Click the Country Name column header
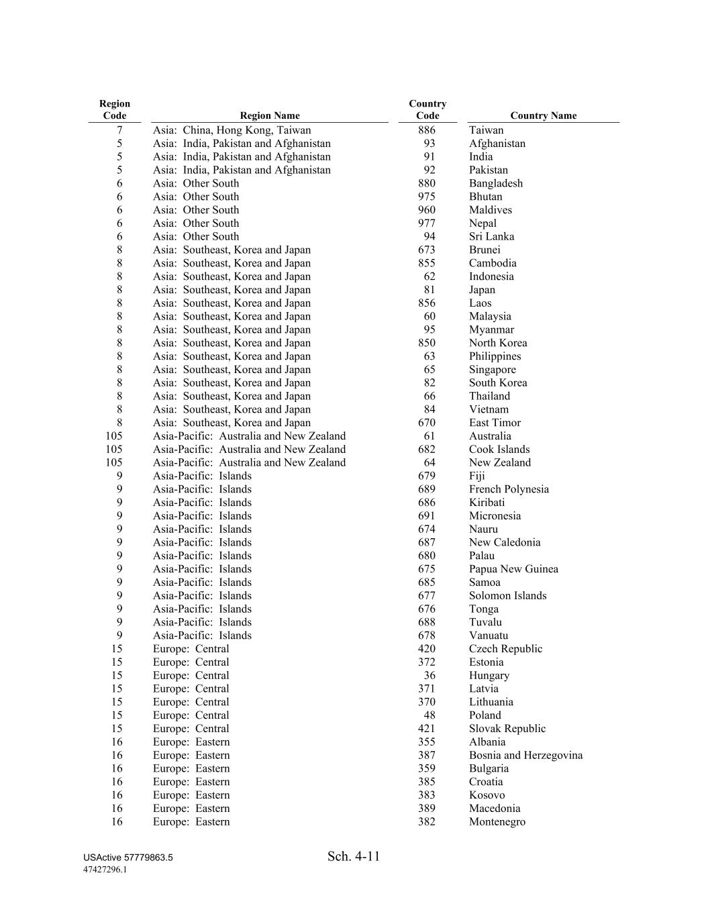543,115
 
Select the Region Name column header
270,115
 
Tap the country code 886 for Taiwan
426,130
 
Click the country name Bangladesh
495,183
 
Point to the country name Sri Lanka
491,236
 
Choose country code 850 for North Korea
426,343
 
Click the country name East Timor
495,423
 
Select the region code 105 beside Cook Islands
114,450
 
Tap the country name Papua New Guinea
513,569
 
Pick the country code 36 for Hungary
429,676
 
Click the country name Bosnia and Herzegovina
525,756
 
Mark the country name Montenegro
497,822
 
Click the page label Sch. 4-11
354,856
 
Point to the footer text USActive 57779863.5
128,858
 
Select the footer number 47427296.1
105,870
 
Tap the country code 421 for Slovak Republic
426,729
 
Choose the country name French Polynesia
509,489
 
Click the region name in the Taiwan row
232,130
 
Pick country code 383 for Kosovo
426,795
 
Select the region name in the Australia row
249,436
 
